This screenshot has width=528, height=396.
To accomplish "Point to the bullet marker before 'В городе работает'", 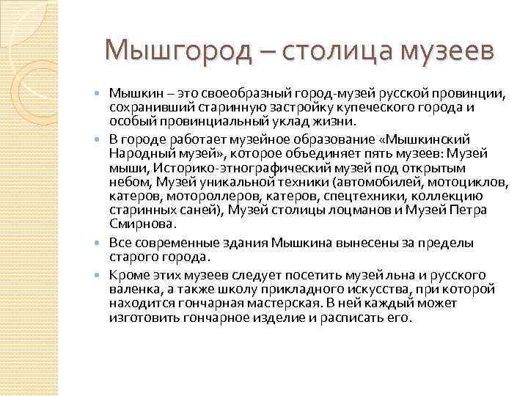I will click(100, 139).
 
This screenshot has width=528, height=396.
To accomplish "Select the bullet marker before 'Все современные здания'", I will click(100, 243).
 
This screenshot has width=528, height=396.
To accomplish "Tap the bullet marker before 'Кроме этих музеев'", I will click(100, 275).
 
